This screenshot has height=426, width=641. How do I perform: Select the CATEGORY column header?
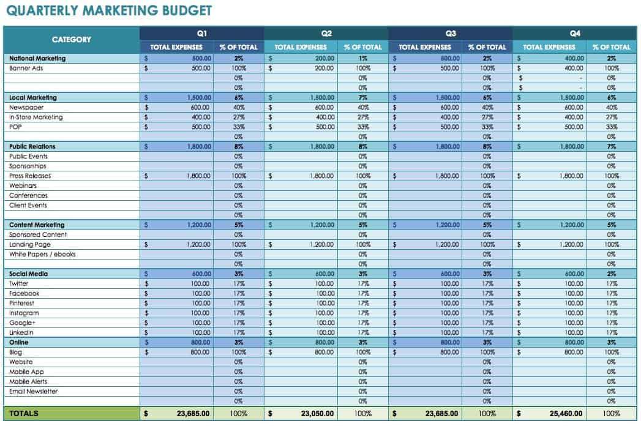point(71,40)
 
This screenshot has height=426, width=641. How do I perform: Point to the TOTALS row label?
point(24,414)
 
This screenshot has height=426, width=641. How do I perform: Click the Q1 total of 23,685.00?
point(193,414)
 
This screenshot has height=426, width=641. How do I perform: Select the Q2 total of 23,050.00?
point(317,414)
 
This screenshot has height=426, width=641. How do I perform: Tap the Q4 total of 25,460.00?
point(566,414)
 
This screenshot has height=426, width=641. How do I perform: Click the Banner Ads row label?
point(26,69)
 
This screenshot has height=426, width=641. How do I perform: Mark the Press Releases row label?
point(30,176)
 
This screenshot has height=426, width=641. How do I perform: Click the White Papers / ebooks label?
point(42,255)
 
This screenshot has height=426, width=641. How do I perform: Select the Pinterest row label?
point(22,304)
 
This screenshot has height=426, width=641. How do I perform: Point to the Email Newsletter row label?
point(34,392)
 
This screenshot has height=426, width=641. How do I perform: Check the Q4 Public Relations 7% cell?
point(611,147)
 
